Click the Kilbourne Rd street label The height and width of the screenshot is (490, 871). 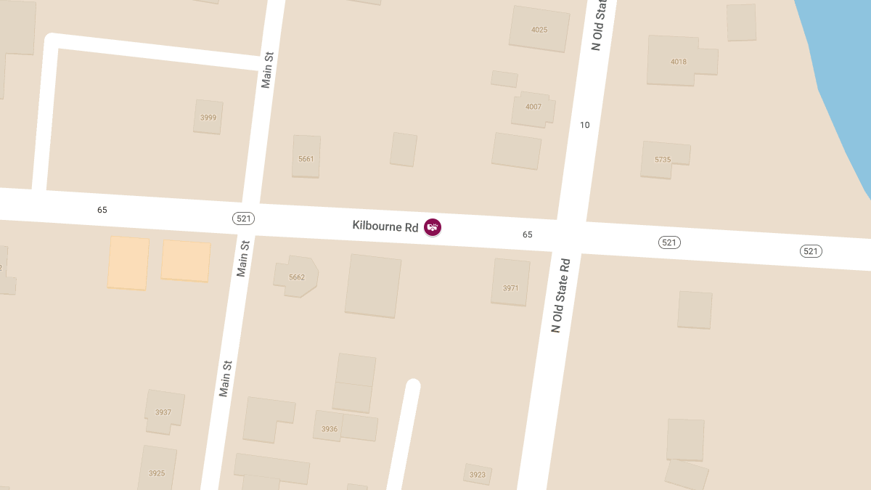pos(385,226)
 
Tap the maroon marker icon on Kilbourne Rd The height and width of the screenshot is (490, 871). pos(433,227)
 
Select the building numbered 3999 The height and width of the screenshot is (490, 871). pos(208,117)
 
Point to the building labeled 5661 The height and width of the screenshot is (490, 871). pos(306,157)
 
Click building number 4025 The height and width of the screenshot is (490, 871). pos(539,29)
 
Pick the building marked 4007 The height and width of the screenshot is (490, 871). pos(533,107)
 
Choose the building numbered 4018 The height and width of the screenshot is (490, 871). pos(678,61)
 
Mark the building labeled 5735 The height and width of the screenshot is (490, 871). pos(663,159)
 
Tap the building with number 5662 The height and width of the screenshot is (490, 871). pos(296,277)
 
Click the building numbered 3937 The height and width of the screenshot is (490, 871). pos(163,412)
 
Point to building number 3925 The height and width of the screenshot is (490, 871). pos(157,472)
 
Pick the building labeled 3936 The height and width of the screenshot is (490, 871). pos(330,428)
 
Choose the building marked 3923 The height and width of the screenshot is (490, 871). pos(477,474)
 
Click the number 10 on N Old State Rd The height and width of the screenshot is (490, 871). pos(585,125)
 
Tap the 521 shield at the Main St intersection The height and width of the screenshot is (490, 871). pos(244,218)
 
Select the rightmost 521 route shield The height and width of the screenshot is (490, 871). pos(811,251)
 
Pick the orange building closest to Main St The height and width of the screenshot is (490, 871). pos(185,261)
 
